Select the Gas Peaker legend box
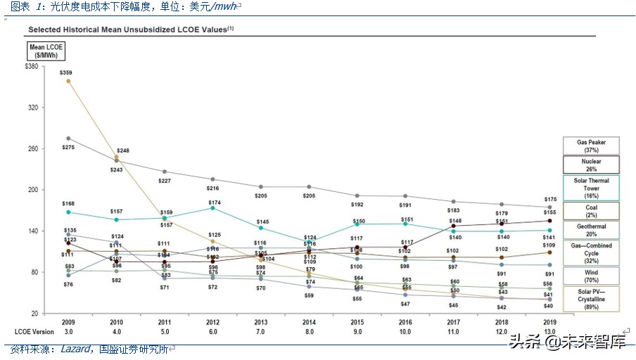click(x=591, y=146)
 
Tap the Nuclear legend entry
click(x=591, y=165)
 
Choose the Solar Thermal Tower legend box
click(x=591, y=188)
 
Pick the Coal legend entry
click(x=591, y=210)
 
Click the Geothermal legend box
click(x=591, y=230)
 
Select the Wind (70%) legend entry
click(x=591, y=275)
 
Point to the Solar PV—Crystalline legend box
click(x=591, y=298)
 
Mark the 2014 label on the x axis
click(x=310, y=321)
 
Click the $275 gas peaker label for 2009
click(x=68, y=147)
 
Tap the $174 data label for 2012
click(x=213, y=202)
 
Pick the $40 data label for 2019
click(x=549, y=306)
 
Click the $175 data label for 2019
click(x=549, y=200)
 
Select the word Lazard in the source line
click(x=75, y=348)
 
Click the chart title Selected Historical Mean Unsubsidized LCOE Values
click(x=130, y=30)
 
